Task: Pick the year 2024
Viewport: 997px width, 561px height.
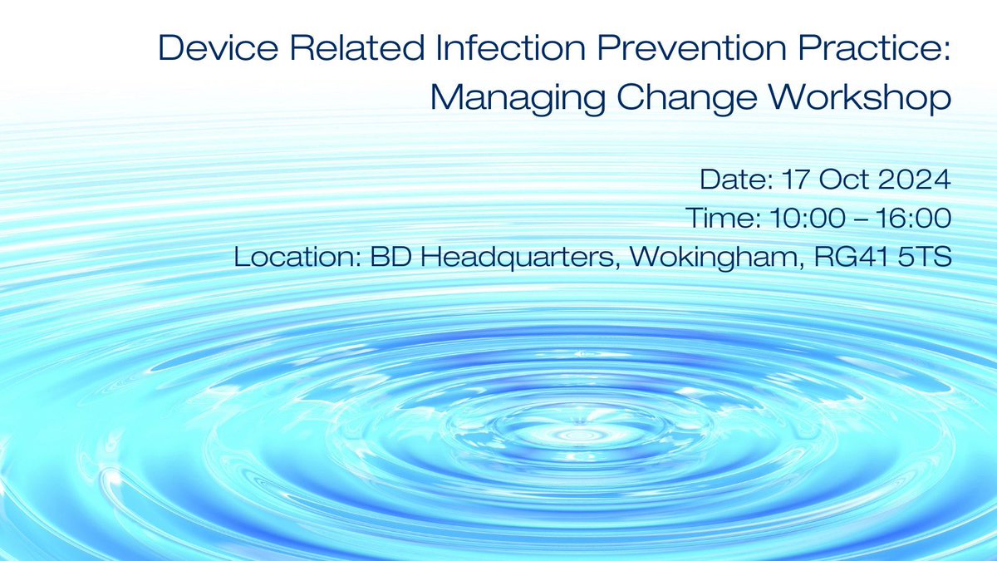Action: pyautogui.click(x=911, y=179)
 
